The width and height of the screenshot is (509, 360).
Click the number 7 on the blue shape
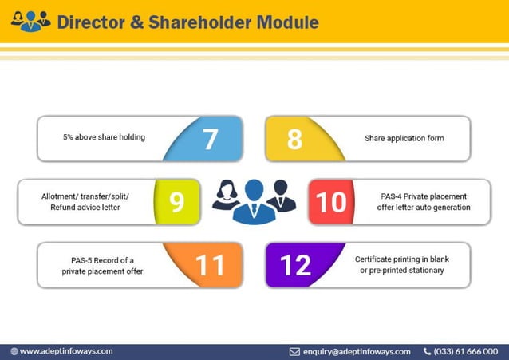pos(211,138)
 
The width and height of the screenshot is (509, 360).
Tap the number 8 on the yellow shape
pos(294,138)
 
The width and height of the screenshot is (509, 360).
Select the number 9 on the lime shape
pos(177,201)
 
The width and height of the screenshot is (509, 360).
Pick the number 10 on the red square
pos(331,201)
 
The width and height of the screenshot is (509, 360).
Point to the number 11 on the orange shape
pos(211,264)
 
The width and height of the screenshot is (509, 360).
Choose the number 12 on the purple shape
pos(295,264)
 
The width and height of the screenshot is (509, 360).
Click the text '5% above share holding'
pos(104,137)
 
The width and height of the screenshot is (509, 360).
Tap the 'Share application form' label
pos(404,138)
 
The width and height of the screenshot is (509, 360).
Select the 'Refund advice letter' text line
pos(85,207)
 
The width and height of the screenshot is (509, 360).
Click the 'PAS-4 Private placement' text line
pos(424,196)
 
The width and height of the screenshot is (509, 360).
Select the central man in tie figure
pos(254,201)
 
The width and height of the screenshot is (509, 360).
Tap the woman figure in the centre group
pos(226,196)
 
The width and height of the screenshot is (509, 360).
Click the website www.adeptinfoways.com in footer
pos(65,351)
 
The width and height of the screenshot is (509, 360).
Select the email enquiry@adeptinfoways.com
pos(357,351)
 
